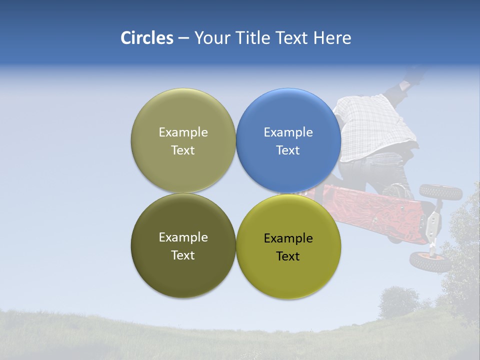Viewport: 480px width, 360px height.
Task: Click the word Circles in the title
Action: [x=147, y=38]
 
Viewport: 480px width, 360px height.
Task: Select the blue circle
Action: [x=288, y=140]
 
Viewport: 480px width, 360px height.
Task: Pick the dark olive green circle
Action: [x=183, y=245]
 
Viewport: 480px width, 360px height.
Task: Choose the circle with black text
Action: [x=288, y=246]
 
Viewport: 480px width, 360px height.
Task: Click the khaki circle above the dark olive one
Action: [x=183, y=140]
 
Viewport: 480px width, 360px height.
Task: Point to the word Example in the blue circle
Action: [x=288, y=132]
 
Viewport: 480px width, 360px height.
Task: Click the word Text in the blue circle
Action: [x=288, y=150]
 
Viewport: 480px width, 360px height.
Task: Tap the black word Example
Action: [x=288, y=238]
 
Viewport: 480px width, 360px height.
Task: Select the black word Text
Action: [x=288, y=256]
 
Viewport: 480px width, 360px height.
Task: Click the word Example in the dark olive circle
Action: [x=183, y=237]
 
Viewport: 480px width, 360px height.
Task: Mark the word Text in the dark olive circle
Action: [x=183, y=255]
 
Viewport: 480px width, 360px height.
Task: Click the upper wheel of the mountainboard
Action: [x=440, y=191]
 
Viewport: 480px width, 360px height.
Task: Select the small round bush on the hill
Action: [x=398, y=301]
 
